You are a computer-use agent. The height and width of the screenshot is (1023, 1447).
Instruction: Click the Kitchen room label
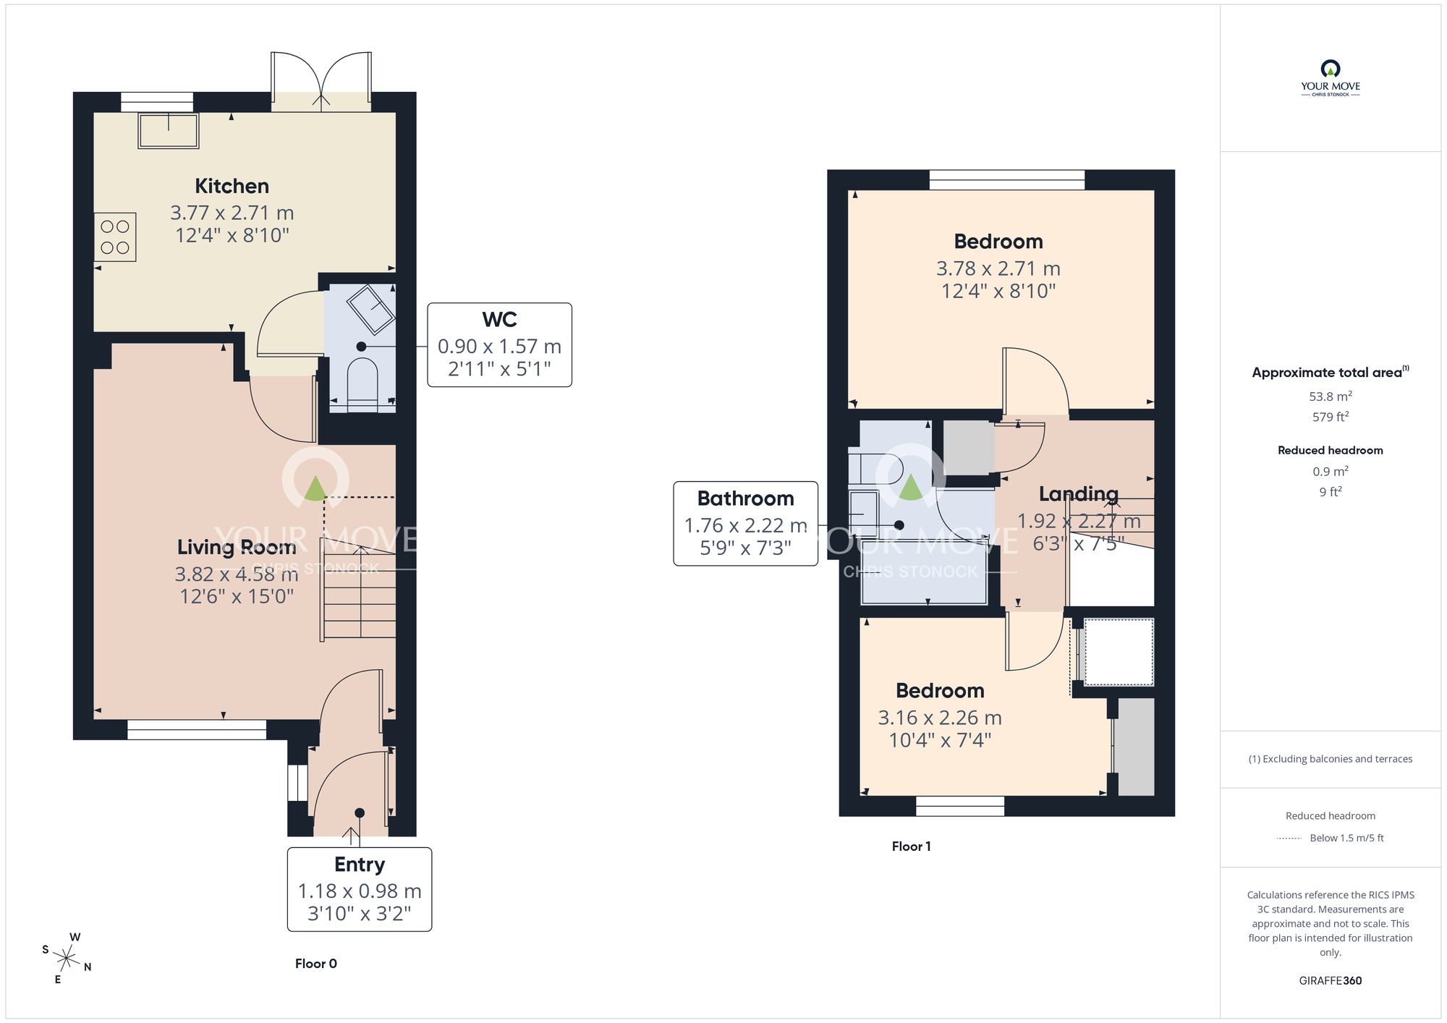tap(232, 186)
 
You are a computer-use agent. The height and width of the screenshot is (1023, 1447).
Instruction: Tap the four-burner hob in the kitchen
tap(115, 237)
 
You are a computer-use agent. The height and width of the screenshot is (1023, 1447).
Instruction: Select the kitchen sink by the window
tap(169, 131)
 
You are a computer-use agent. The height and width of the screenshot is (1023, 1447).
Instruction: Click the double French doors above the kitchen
tap(321, 81)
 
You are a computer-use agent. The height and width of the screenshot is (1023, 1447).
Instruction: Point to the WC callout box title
tap(499, 320)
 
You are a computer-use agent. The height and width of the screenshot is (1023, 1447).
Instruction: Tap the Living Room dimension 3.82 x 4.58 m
tap(237, 574)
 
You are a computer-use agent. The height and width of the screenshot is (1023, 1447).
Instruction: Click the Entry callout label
tap(360, 865)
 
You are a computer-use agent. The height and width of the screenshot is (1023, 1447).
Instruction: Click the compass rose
tap(67, 959)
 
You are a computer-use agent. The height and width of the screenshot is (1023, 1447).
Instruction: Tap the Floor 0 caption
tap(315, 964)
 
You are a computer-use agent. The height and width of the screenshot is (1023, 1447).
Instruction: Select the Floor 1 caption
tap(911, 846)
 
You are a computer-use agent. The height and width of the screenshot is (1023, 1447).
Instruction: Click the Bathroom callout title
tap(745, 498)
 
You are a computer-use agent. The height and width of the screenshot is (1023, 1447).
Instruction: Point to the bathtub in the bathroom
tap(924, 572)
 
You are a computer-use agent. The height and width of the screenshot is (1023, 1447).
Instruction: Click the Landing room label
tap(1078, 494)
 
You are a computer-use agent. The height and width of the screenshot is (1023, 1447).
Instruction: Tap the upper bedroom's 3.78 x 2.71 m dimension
tap(998, 268)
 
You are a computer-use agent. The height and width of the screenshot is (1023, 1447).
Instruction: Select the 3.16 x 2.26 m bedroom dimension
tap(939, 718)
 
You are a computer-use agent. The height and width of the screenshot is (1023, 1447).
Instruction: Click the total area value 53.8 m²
tap(1330, 396)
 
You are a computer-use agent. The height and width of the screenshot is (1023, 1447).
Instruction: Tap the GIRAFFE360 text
tap(1330, 981)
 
